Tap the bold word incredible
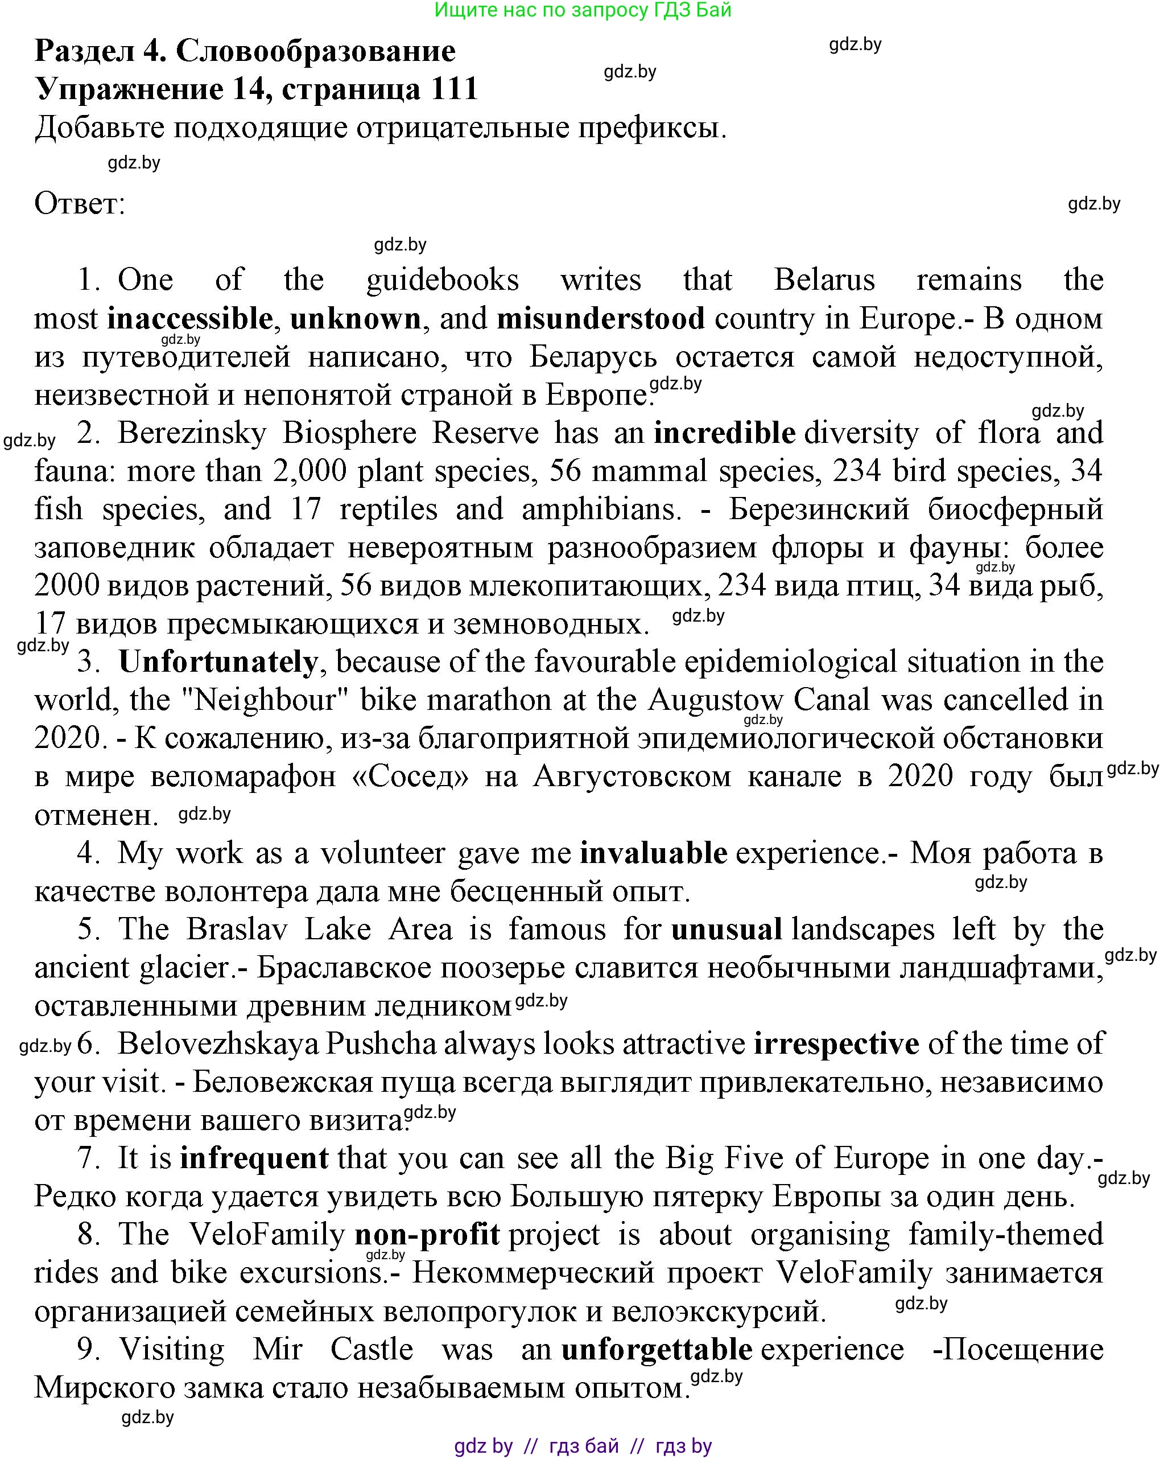[x=724, y=433]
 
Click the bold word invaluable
[x=653, y=853]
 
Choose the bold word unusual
[x=727, y=930]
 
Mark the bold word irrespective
[x=836, y=1044]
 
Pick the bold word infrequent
[x=254, y=1158]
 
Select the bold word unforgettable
[x=657, y=1349]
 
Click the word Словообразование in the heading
[x=316, y=51]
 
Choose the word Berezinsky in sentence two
[x=192, y=433]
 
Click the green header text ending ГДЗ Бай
[x=583, y=10]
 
